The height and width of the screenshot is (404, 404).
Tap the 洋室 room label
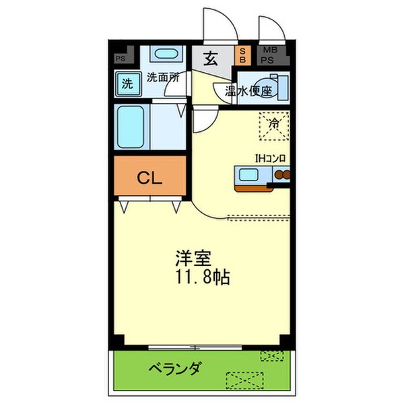pos(194,258)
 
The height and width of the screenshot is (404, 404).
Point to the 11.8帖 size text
pos(201,276)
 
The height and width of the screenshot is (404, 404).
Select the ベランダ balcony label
pos(175,368)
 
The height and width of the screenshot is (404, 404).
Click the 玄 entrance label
pos(211,59)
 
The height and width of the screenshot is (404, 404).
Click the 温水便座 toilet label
pos(250,91)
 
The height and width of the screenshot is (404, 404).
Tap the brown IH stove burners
pos(280,177)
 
